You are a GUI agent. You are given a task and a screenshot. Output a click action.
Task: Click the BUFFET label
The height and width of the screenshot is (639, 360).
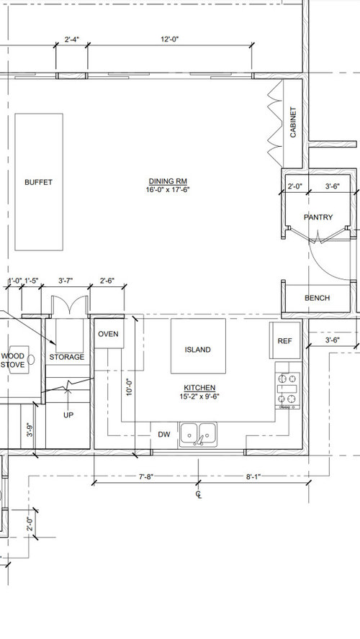38,182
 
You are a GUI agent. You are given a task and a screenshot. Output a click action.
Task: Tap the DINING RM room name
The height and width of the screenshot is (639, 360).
168,181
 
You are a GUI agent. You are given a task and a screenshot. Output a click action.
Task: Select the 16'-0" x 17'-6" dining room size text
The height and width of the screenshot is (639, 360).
168,189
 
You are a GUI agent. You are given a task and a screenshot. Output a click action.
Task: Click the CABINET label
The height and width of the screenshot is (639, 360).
293,122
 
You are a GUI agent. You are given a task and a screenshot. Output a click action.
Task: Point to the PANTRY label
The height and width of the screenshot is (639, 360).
318,217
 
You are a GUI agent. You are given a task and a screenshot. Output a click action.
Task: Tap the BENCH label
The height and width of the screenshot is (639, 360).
318,298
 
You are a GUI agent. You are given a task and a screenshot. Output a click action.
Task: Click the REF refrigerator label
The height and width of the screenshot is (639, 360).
284,341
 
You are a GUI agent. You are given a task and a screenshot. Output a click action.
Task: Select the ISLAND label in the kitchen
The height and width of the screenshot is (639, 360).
198,350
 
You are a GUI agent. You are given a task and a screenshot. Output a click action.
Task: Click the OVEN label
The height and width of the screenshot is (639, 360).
109,334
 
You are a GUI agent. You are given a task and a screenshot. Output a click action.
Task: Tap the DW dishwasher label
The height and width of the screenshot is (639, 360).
164,435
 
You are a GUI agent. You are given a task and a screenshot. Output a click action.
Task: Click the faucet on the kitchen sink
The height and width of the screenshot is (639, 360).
199,440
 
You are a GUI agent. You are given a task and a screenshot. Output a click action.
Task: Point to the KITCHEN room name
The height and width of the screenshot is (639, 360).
199,388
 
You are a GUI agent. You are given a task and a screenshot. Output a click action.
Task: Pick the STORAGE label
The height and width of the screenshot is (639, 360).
67,357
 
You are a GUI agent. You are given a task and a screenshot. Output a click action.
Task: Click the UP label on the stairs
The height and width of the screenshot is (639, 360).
68,415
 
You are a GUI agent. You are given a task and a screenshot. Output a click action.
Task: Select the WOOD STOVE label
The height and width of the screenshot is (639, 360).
13,361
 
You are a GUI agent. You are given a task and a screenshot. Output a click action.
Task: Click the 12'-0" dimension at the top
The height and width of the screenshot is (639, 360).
170,39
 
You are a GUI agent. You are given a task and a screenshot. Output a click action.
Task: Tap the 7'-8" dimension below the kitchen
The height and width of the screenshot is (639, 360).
146,476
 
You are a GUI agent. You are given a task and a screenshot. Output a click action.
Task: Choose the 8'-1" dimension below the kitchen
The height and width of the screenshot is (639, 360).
253,476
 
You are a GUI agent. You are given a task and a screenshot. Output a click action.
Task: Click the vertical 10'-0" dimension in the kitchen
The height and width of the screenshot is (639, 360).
130,387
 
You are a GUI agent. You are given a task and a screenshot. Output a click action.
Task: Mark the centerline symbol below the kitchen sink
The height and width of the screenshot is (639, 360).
199,495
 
